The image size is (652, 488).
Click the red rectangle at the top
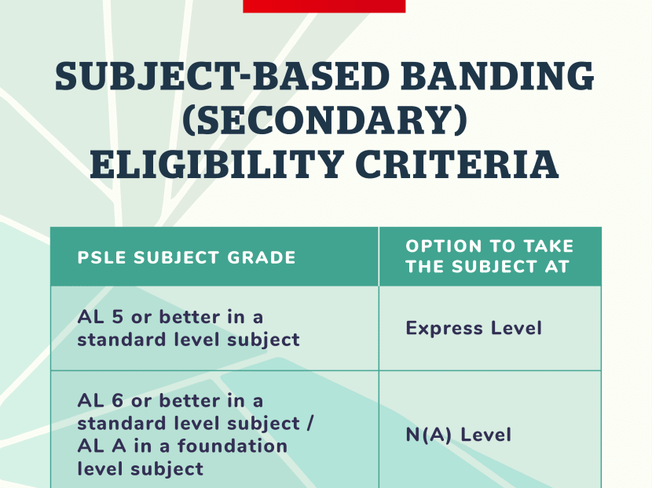tap(324, 6)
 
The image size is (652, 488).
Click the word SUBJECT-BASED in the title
tap(222, 76)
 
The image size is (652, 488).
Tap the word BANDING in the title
tap(497, 76)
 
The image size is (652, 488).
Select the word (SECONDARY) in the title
tap(324, 121)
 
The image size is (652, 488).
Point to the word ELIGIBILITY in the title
tap(217, 165)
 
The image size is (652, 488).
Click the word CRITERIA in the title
tap(457, 165)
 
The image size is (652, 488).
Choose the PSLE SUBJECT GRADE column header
tap(186, 257)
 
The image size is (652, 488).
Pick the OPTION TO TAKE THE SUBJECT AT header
tap(489, 257)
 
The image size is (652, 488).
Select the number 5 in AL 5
tap(117, 317)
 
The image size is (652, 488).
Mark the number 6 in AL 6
tap(117, 401)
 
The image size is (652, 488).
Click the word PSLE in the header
tap(101, 257)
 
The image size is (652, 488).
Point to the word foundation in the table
tap(233, 446)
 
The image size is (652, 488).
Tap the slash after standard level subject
tap(310, 423)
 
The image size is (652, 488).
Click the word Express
tap(444, 328)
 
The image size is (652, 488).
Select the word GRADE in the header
tap(262, 257)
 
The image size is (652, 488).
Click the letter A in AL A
tap(119, 446)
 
